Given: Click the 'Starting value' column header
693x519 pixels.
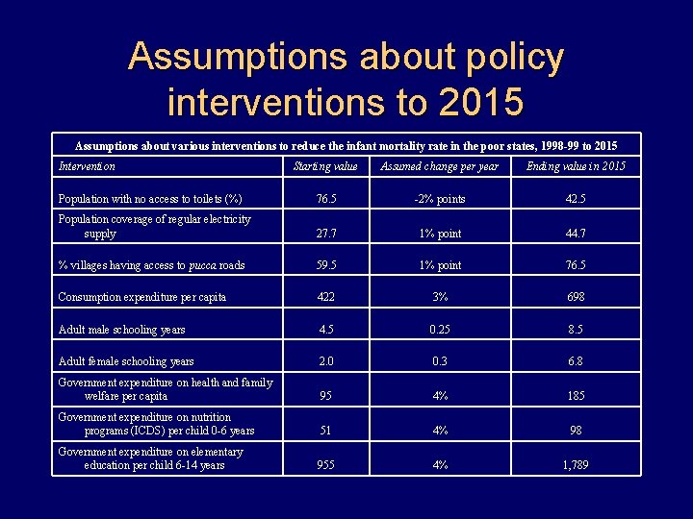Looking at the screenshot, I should (324, 166).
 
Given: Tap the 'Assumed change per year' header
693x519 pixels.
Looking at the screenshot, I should (440, 166).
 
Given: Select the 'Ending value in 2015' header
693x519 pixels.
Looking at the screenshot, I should (576, 166).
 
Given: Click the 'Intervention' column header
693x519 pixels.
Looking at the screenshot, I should (87, 166).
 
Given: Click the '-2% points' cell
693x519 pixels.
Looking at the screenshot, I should (440, 200).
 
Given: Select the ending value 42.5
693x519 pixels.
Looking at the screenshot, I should (576, 200).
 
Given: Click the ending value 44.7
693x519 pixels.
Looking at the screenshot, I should (576, 234).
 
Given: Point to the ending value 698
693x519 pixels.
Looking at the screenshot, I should (576, 297).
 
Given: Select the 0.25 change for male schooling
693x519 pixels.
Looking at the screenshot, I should (440, 330).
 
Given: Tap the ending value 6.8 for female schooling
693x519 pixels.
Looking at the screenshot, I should (576, 361).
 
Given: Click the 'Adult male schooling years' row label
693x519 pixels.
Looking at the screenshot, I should (121, 330).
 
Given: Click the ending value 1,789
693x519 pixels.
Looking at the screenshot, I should (576, 465).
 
